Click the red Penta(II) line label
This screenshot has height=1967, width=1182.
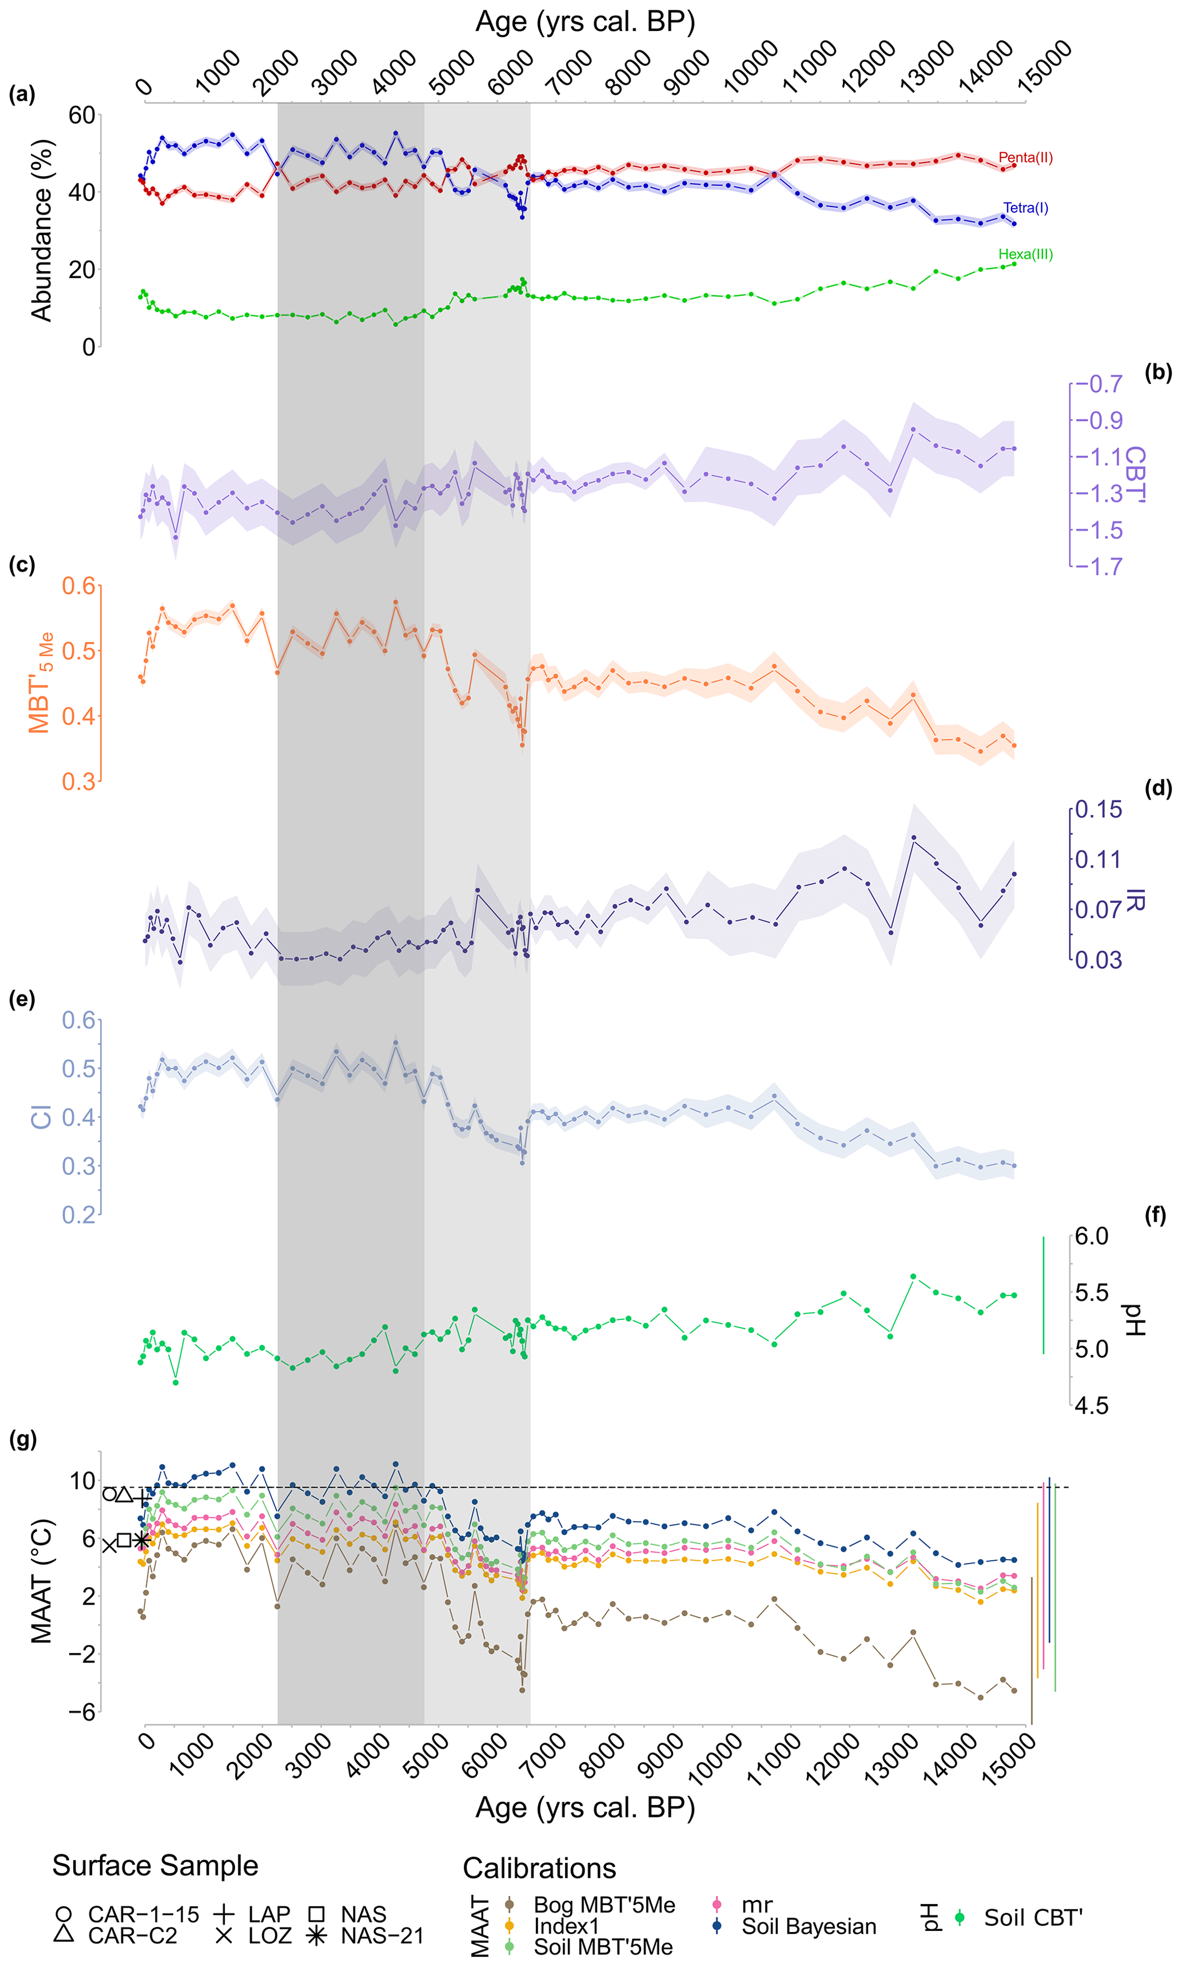click(x=1025, y=158)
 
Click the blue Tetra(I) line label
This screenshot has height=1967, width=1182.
click(x=1025, y=208)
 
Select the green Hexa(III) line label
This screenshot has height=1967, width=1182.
click(x=1025, y=255)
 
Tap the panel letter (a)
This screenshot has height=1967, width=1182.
click(x=22, y=95)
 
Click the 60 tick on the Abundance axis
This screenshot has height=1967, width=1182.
click(x=82, y=116)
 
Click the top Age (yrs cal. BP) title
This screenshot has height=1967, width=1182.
click(x=586, y=22)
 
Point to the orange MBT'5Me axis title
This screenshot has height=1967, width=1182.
click(x=41, y=682)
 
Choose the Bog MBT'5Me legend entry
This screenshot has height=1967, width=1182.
click(x=604, y=1905)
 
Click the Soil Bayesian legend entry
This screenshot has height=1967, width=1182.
click(x=809, y=1926)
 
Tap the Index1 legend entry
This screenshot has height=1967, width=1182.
click(x=566, y=1926)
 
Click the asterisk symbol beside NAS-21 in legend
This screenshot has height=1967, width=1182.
click(x=317, y=1936)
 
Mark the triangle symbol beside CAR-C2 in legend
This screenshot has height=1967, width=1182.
click(x=65, y=1935)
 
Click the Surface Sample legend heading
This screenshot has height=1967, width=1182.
click(x=156, y=1866)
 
